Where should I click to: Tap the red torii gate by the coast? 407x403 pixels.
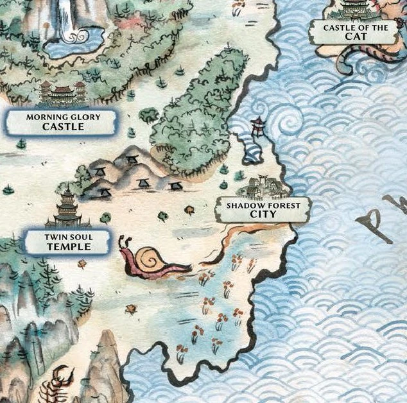[x=258, y=127]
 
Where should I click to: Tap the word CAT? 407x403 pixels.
[x=355, y=37]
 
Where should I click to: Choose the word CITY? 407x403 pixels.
[x=263, y=214]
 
